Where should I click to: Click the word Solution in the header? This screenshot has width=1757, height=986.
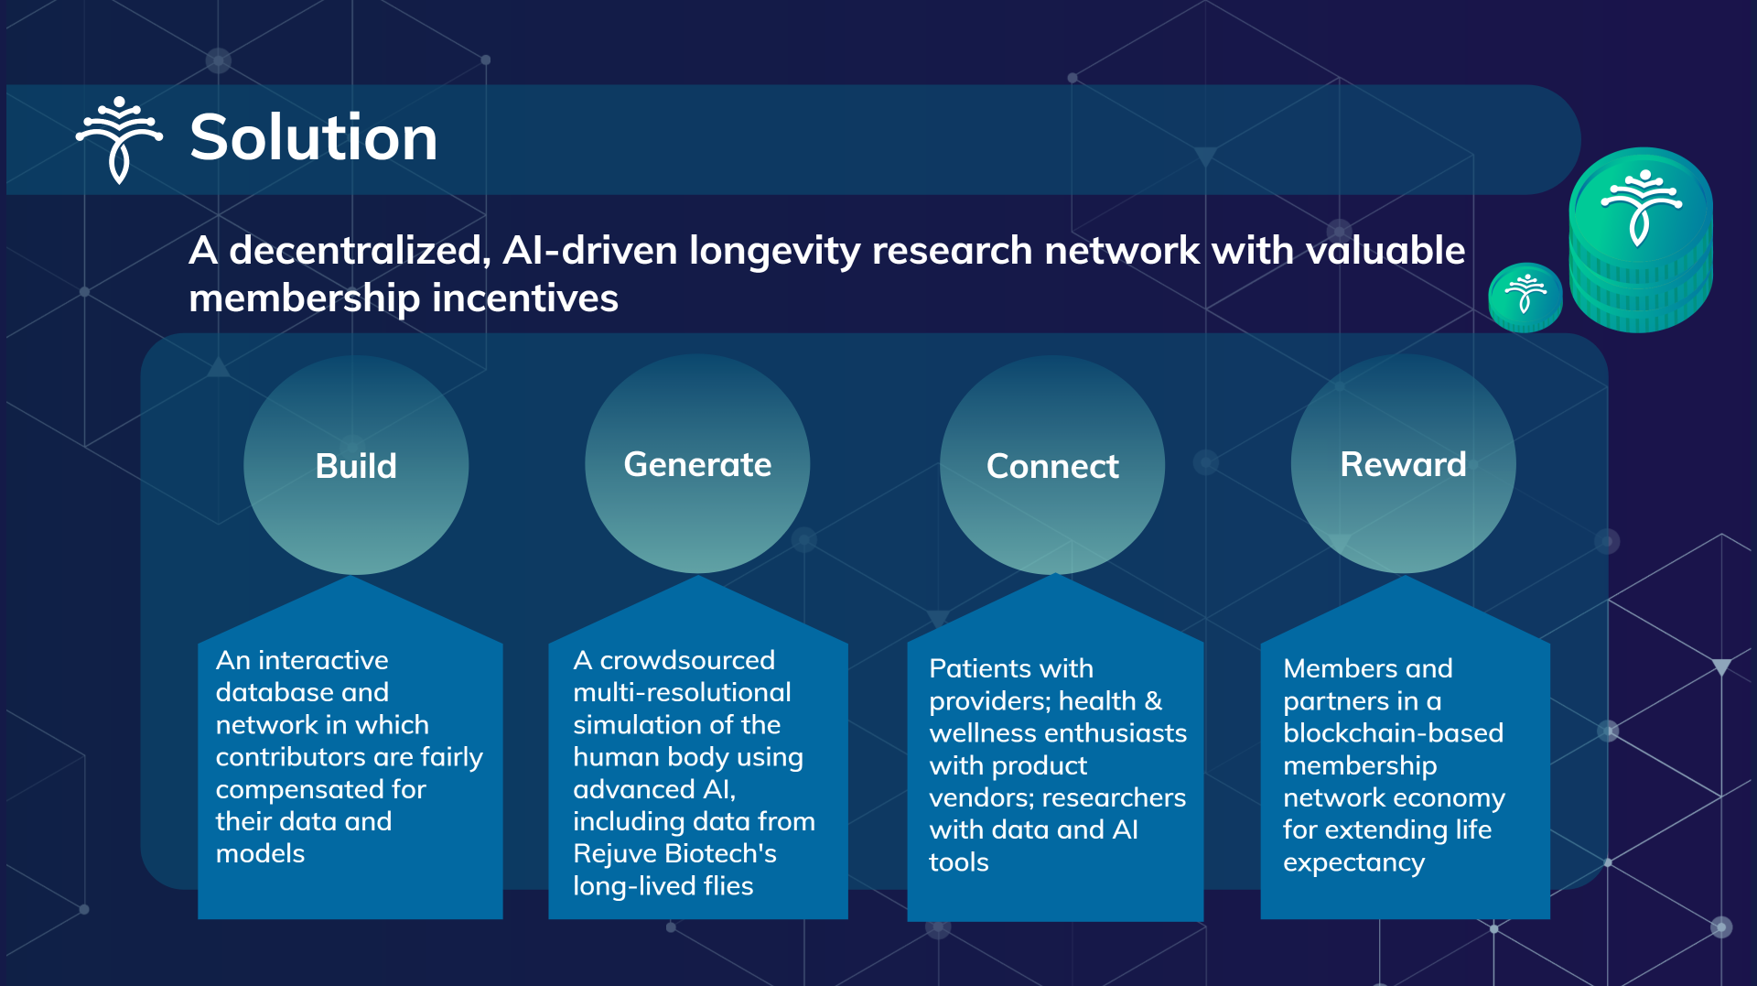tap(313, 137)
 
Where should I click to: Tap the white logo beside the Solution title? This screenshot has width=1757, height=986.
tap(119, 139)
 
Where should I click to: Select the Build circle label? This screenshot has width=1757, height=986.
tap(356, 466)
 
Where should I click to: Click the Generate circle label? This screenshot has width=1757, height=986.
tap(697, 465)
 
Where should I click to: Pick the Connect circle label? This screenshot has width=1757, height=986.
tap(1052, 467)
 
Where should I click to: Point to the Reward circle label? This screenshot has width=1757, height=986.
tap(1403, 464)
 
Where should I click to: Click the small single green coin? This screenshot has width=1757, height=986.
tap(1525, 297)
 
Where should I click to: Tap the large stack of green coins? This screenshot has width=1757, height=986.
tap(1641, 240)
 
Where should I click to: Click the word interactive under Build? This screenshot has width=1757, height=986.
tap(323, 660)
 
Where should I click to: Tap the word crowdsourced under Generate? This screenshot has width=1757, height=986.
tap(687, 660)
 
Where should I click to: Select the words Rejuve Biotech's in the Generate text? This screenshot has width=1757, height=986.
tap(674, 853)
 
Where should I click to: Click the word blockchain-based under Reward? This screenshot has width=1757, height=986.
tap(1393, 732)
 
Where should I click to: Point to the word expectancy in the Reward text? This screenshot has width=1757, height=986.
tap(1353, 862)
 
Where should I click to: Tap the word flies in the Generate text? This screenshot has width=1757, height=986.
tap(728, 885)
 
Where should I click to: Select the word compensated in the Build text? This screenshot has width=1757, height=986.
tap(320, 789)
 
